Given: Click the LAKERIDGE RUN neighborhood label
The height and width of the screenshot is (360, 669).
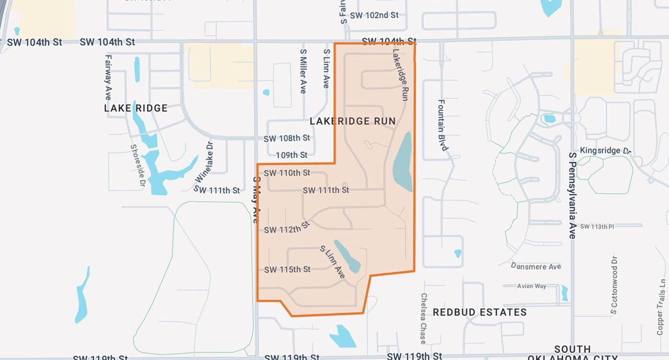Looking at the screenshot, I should coord(353,121).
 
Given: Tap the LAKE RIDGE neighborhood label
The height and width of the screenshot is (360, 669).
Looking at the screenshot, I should coord(136,108).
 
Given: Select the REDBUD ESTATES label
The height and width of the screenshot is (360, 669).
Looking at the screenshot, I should coord(480,312).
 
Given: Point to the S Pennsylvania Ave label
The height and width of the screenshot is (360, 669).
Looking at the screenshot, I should coord(572,195).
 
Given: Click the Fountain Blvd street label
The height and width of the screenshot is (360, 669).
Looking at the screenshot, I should coord(442,125).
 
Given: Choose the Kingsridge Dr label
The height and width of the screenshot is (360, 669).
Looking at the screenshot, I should coord(606,150).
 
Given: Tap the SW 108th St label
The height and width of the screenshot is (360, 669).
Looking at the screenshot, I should coord(286,138).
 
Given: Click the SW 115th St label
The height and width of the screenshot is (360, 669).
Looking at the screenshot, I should coord(287,270).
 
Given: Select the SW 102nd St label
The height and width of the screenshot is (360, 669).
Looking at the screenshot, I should coord(374,15).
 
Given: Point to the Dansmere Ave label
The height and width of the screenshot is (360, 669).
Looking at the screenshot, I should coord(536,266).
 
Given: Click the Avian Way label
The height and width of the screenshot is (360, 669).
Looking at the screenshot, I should coord(532,286).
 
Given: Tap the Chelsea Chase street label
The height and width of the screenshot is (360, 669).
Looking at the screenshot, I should coord(423,318).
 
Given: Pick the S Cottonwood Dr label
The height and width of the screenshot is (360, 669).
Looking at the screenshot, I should coord(614,285).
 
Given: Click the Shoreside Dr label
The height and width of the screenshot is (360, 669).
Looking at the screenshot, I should coord(137,165).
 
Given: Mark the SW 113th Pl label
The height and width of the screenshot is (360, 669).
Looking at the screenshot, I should coord(597,226).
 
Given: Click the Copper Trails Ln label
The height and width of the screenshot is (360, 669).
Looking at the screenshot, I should coord(661,307).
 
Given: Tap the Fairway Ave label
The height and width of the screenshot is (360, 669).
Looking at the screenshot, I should coord(108,77).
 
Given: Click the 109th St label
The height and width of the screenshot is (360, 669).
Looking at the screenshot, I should coord(292,155).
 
